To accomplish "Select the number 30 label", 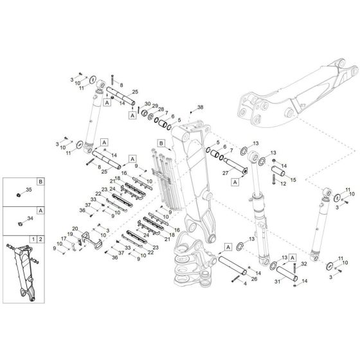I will pyautogui.click(x=147, y=104).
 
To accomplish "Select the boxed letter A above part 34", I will pyautogui.click(x=40, y=211).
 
